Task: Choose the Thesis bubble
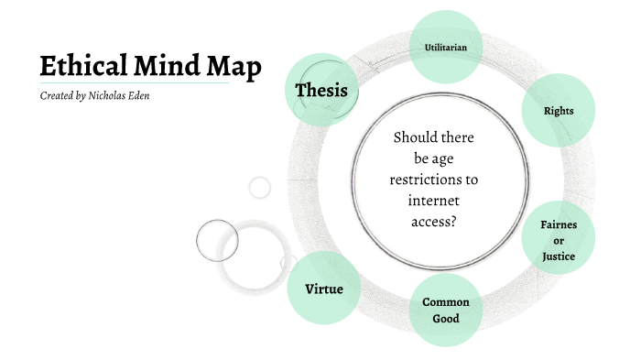320,90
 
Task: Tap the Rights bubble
559,111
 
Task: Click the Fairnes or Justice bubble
559,240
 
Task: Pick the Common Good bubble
446,311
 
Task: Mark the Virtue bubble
323,289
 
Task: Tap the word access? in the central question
434,221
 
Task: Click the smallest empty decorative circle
260,188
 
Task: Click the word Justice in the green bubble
559,256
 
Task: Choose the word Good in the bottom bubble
446,319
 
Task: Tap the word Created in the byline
57,95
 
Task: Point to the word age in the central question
445,158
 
